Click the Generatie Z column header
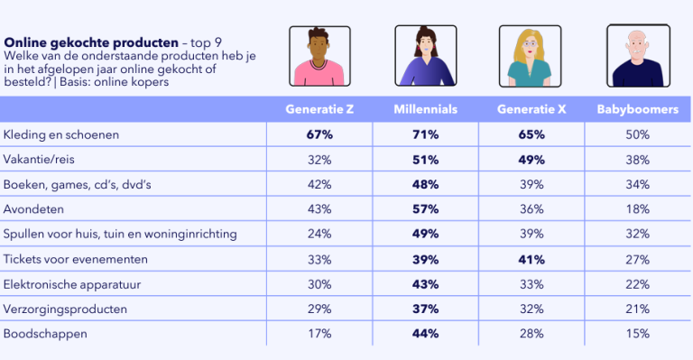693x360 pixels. coord(319,109)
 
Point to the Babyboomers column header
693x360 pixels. coord(638,109)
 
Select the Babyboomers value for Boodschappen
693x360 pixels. coord(638,333)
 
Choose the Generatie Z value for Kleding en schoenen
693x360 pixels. coord(319,134)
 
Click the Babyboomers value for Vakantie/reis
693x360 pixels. coord(638,160)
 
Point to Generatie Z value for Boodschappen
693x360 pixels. coord(319,333)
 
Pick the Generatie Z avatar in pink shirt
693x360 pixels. coord(319,55)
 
